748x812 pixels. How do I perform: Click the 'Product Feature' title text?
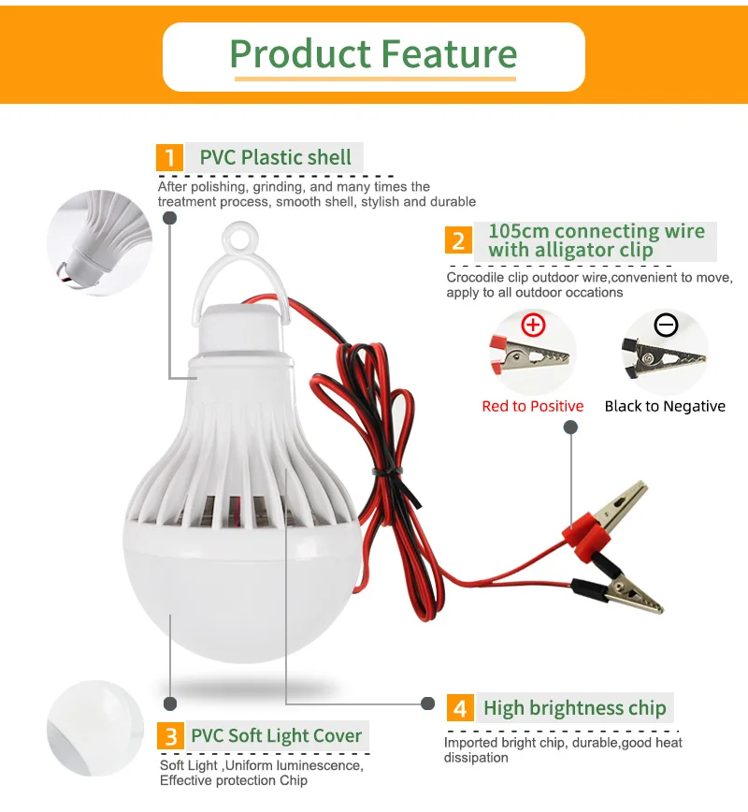(373, 54)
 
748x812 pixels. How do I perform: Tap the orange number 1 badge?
(170, 157)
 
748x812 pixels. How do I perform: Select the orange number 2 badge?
(459, 240)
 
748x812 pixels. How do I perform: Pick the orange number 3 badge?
(171, 735)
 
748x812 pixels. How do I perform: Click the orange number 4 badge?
(460, 708)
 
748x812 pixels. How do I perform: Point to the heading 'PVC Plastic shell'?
(276, 157)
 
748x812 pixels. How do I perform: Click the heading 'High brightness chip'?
(575, 708)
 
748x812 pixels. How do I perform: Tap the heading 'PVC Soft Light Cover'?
(277, 735)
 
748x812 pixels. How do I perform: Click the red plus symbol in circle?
(533, 326)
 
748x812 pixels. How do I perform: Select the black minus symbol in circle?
(666, 326)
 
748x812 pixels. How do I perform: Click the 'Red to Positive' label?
(533, 406)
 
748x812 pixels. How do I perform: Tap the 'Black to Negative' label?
(665, 407)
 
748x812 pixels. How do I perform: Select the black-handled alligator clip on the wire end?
(621, 590)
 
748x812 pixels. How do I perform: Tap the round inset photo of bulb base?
(99, 242)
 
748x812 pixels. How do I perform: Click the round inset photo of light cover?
(95, 728)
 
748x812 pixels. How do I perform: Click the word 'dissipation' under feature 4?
(476, 758)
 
